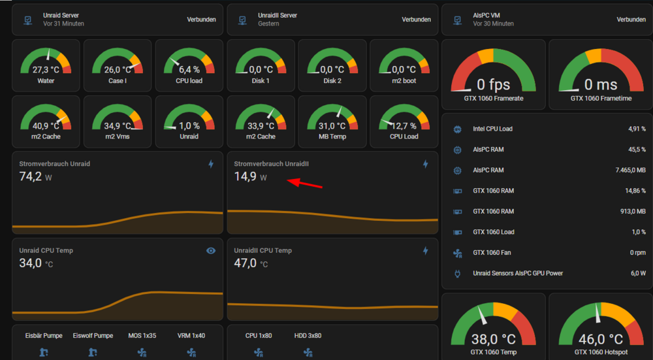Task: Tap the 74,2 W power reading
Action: pyautogui.click(x=35, y=176)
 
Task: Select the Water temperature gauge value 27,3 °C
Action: pyautogui.click(x=46, y=70)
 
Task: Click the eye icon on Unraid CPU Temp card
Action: pyautogui.click(x=211, y=250)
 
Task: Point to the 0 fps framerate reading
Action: pyautogui.click(x=493, y=84)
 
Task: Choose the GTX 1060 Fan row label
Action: pyautogui.click(x=492, y=252)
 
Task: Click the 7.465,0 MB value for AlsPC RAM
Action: pyautogui.click(x=631, y=170)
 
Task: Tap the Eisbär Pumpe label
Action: pyautogui.click(x=44, y=335)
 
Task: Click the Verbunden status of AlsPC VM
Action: pyautogui.click(x=631, y=19)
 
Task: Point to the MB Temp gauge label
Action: pyautogui.click(x=332, y=137)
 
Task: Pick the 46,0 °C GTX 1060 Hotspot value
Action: pyautogui.click(x=601, y=339)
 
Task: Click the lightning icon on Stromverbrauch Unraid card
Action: pyautogui.click(x=211, y=164)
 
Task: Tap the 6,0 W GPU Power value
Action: pyautogui.click(x=638, y=273)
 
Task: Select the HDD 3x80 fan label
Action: pyautogui.click(x=308, y=335)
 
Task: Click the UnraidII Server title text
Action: pyautogui.click(x=278, y=16)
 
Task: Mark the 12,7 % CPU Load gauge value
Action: pyautogui.click(x=404, y=126)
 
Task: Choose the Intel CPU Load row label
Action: pyautogui.click(x=492, y=129)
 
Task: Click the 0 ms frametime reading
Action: pyautogui.click(x=601, y=84)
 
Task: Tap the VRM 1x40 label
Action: pyautogui.click(x=191, y=335)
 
